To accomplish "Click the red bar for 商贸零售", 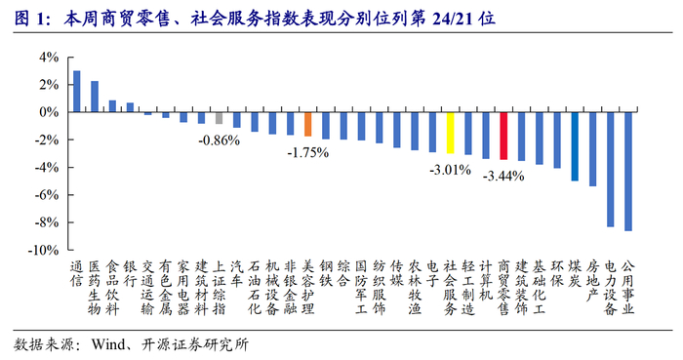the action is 503,136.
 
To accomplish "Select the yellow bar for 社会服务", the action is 451,133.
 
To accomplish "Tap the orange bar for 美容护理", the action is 308,124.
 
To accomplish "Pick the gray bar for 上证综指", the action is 220,118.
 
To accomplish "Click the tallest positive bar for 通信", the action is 77,92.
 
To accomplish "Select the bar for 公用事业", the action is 628,172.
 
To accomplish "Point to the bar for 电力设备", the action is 610,170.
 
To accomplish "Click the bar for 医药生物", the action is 95,97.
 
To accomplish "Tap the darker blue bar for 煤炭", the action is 575,146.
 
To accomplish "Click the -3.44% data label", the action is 503,176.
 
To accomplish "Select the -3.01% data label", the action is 451,170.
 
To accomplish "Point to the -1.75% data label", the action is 308,153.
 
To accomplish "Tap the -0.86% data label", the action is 220,140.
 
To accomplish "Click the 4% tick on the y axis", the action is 49,57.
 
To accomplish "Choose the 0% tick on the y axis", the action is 49,112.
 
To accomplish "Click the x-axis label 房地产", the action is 592,281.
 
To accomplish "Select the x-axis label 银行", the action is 130,274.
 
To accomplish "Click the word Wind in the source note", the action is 108,344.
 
